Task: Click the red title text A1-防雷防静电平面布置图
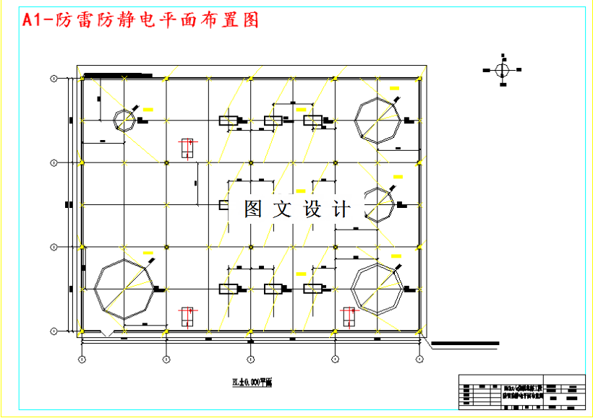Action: (x=141, y=20)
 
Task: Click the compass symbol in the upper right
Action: (x=503, y=70)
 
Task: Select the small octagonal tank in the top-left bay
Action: (x=124, y=121)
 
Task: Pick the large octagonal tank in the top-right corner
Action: (x=377, y=120)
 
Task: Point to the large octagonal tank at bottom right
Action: (x=376, y=288)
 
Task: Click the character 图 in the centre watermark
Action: (x=253, y=209)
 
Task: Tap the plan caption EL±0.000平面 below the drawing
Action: (x=250, y=382)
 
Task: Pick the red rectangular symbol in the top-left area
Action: (x=188, y=148)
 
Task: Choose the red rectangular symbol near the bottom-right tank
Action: (x=349, y=316)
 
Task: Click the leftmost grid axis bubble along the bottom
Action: (x=82, y=358)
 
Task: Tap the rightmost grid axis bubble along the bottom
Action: (x=419, y=358)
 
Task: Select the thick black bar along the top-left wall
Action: (x=117, y=75)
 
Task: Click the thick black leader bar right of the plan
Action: (x=464, y=343)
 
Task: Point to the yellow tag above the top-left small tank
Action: (x=148, y=109)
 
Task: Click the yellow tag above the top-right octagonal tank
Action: (x=394, y=88)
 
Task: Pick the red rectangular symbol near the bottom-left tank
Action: (x=187, y=316)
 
